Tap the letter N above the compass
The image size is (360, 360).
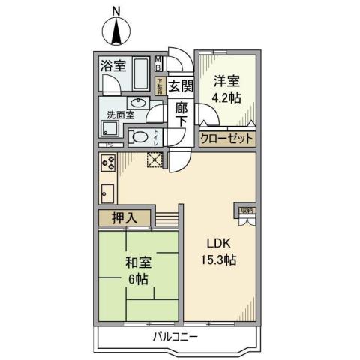(115, 10)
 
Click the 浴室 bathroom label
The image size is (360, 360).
(113, 65)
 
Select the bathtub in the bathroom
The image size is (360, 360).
(140, 73)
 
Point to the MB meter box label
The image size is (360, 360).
(160, 66)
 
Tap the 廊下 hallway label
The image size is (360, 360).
(181, 117)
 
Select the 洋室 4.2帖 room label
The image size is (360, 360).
(226, 89)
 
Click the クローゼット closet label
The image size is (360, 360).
(227, 139)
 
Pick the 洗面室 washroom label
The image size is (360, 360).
(119, 115)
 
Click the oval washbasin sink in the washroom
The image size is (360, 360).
(136, 103)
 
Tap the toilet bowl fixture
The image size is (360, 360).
(139, 137)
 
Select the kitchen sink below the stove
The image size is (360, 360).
(106, 193)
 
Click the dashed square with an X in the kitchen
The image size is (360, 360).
(155, 160)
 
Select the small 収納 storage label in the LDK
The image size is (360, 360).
(247, 211)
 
